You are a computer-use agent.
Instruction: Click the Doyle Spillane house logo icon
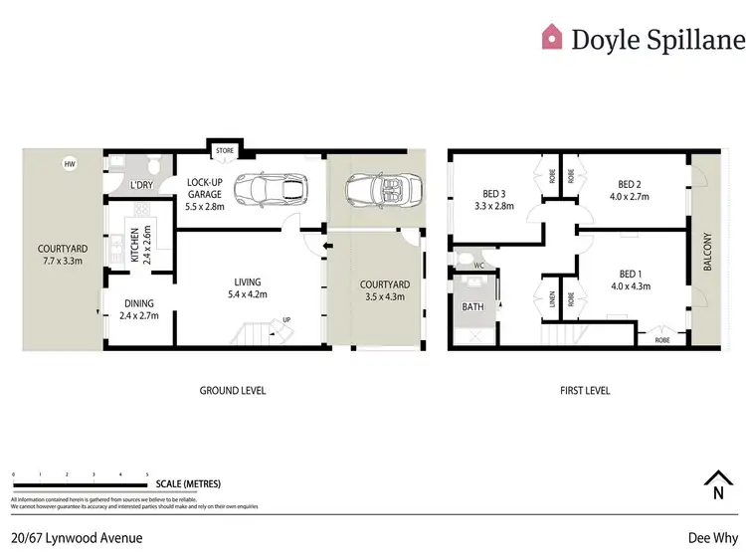point(551,38)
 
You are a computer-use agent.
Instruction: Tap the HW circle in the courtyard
point(69,164)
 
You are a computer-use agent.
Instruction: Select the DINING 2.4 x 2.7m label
point(139,311)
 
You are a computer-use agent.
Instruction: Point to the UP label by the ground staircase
point(287,319)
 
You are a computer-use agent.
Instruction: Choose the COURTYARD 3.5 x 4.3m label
point(379,290)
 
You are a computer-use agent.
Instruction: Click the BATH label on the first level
point(473,307)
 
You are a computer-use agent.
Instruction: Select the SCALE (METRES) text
point(189,484)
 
